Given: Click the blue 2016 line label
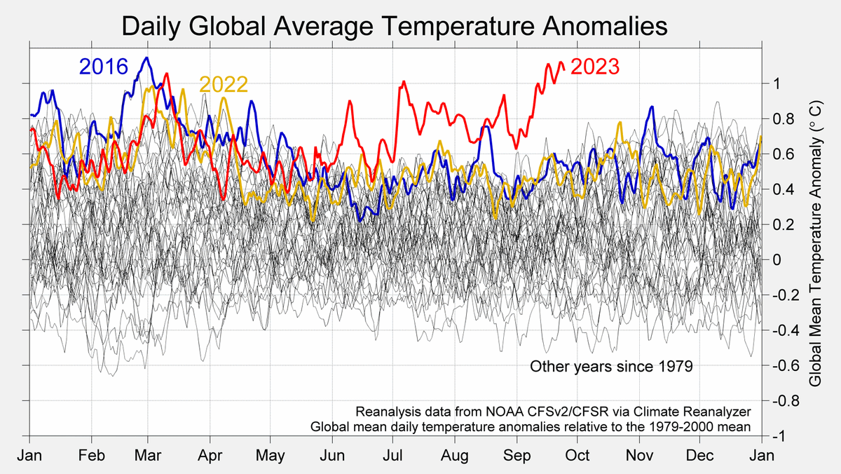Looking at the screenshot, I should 103,67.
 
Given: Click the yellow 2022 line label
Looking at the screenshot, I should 224,85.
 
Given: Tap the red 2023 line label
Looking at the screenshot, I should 595,67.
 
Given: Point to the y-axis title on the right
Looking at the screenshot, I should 815,242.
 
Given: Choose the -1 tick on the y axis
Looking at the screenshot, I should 776,436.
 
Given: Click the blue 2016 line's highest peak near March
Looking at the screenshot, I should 146,58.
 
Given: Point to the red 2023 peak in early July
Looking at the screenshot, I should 404,82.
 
